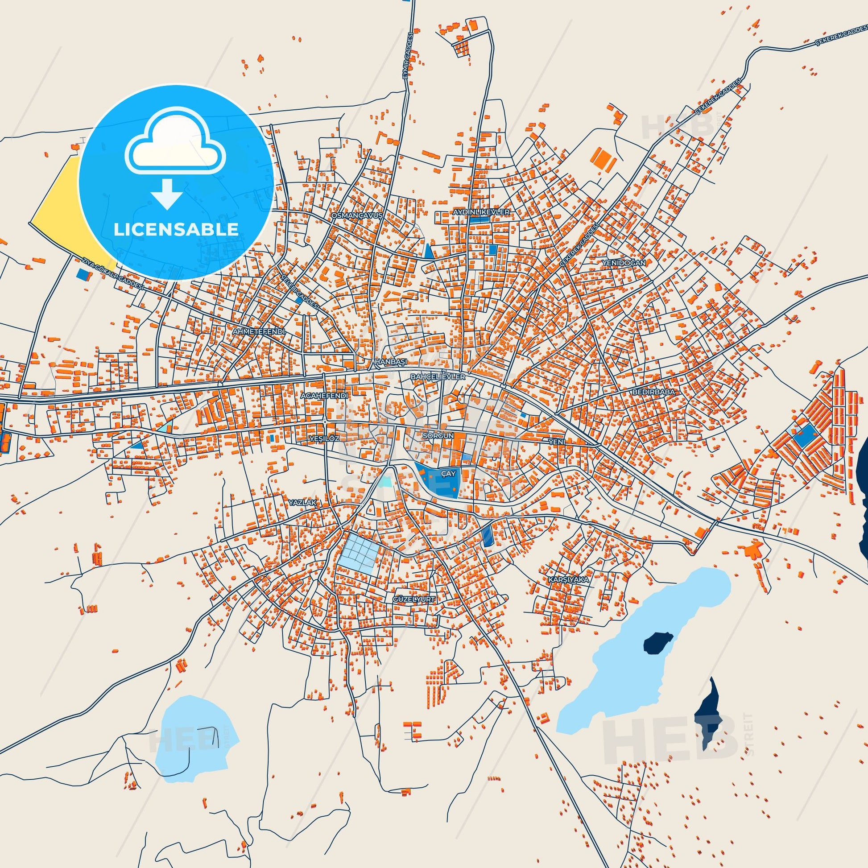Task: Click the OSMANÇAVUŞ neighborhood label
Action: tap(357, 215)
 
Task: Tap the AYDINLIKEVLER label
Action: tap(481, 211)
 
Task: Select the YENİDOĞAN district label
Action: tap(624, 262)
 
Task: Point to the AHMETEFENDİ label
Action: tap(259, 331)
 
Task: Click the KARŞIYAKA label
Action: tap(568, 579)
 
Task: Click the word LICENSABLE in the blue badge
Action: tap(176, 229)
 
